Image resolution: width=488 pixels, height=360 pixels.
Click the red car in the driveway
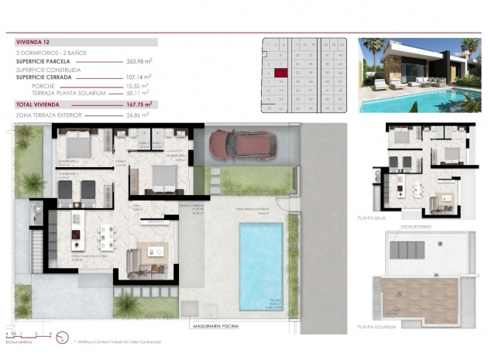[242, 145]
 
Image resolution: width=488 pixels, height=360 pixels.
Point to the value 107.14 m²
[139, 77]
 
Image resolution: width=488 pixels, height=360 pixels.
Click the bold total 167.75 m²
[139, 104]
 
